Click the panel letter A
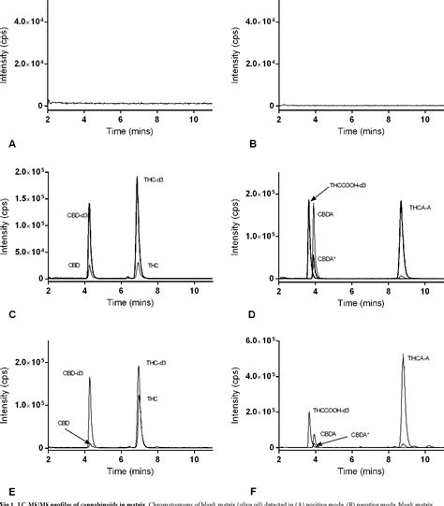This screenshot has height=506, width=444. [10, 145]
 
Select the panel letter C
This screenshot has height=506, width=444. [10, 313]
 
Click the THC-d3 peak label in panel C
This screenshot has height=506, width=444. [154, 180]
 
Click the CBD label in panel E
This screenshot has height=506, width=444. [64, 423]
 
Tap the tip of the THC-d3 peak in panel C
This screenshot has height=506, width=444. [136, 177]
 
